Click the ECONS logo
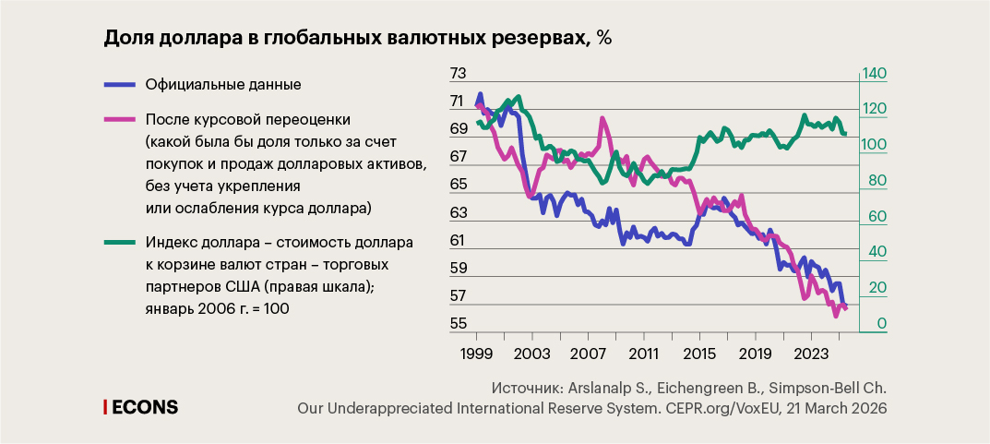pyautogui.click(x=140, y=407)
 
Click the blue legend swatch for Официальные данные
pyautogui.click(x=119, y=84)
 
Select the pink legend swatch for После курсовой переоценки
pyautogui.click(x=119, y=119)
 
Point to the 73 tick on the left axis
pyautogui.click(x=458, y=74)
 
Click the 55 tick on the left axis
pyautogui.click(x=458, y=324)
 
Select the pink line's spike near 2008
pyautogui.click(x=602, y=119)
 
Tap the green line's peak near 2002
pyautogui.click(x=519, y=96)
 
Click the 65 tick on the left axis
pyautogui.click(x=458, y=185)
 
